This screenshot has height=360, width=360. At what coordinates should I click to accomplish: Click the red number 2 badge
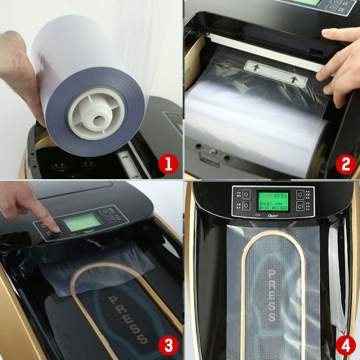[344, 163]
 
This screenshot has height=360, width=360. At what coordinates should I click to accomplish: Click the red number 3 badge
[168, 343]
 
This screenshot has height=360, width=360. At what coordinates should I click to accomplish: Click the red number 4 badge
[344, 343]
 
